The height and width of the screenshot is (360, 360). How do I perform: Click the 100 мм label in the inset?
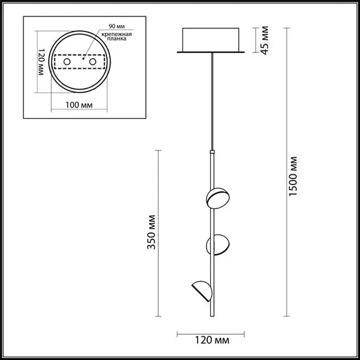(78, 104)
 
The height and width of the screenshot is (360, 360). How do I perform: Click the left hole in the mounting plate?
(64, 63)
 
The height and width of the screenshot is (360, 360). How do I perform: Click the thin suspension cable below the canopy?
(212, 101)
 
